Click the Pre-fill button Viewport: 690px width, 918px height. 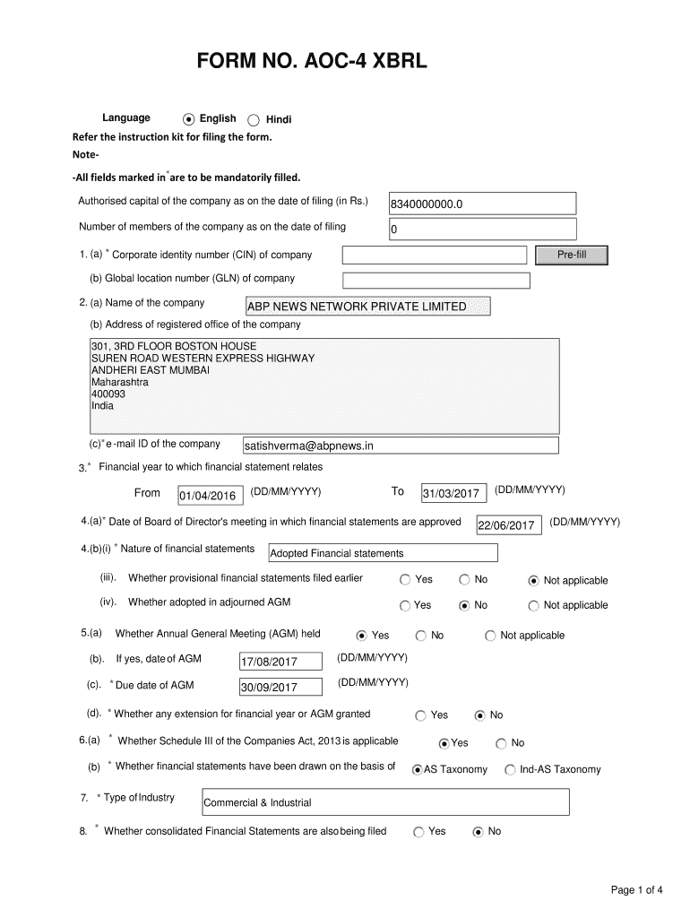571,255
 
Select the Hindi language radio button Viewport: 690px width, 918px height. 253,120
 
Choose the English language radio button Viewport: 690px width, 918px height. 188,119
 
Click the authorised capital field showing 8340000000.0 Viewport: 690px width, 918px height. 481,204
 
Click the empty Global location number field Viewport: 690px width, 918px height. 436,280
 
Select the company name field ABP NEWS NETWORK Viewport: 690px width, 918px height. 368,307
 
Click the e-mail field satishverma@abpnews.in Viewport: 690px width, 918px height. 401,446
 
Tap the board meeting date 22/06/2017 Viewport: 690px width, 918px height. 509,525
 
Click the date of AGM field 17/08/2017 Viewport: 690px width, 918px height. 280,663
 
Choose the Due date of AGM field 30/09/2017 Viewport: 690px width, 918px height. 280,688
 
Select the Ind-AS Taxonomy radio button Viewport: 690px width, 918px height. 510,769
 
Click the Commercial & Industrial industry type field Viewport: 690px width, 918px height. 386,802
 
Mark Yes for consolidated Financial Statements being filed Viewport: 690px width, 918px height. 418,832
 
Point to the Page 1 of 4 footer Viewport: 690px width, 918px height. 636,890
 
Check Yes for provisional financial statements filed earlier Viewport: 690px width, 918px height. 406,580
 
